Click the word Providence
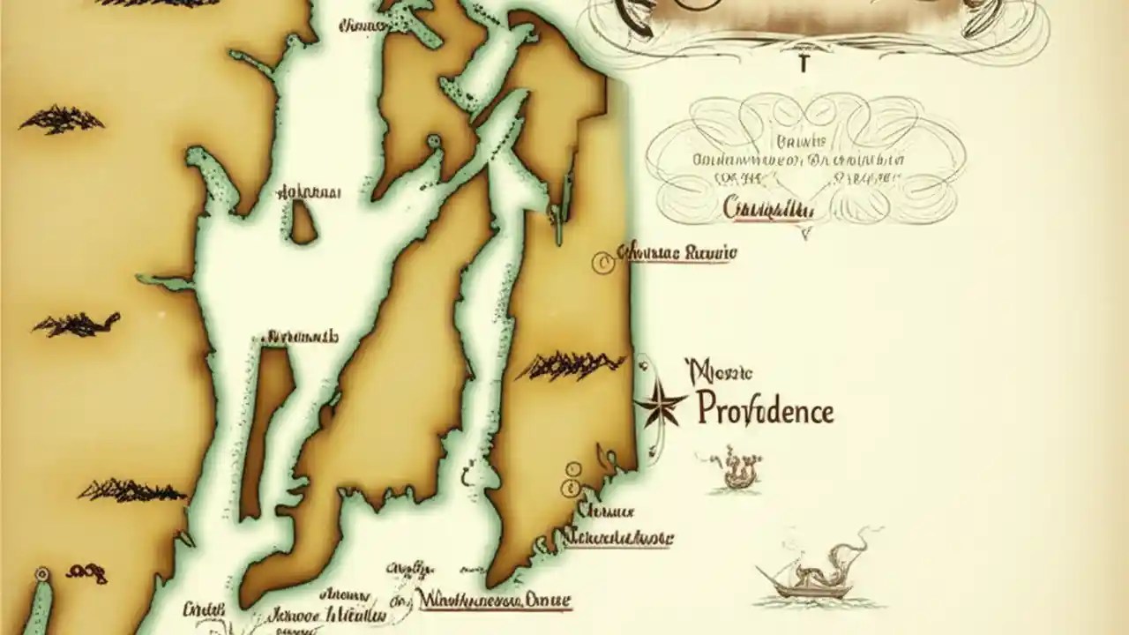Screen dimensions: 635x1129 click(765, 410)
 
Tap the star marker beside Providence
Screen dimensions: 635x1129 click(659, 405)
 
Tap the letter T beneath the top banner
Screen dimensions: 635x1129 click(803, 63)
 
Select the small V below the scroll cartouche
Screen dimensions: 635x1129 click(804, 235)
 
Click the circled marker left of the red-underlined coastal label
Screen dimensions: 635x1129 click(602, 262)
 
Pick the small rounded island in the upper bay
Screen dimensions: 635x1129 click(303, 221)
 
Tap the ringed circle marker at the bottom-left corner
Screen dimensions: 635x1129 click(41, 574)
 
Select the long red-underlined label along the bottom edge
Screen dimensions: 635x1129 click(494, 601)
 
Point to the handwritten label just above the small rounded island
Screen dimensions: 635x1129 click(310, 191)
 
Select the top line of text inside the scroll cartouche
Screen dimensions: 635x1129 click(803, 141)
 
